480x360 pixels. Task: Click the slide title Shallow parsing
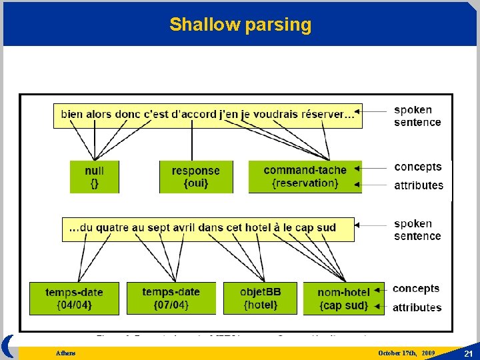click(x=240, y=25)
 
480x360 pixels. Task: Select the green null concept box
click(x=94, y=177)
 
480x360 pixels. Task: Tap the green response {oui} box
click(x=195, y=177)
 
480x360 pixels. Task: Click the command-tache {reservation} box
click(x=305, y=177)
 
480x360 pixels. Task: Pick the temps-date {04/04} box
click(x=74, y=299)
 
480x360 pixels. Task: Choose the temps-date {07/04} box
click(x=171, y=299)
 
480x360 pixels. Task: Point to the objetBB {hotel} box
click(x=261, y=299)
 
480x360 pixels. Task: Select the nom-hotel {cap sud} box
click(x=343, y=299)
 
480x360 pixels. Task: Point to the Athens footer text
click(x=65, y=353)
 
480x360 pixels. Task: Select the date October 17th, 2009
click(x=406, y=353)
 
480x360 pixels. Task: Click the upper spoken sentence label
click(x=417, y=116)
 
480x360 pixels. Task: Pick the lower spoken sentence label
click(x=417, y=230)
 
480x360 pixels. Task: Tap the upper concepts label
click(x=418, y=167)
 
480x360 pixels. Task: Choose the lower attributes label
click(x=417, y=307)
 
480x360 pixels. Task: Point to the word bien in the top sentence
click(x=72, y=114)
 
